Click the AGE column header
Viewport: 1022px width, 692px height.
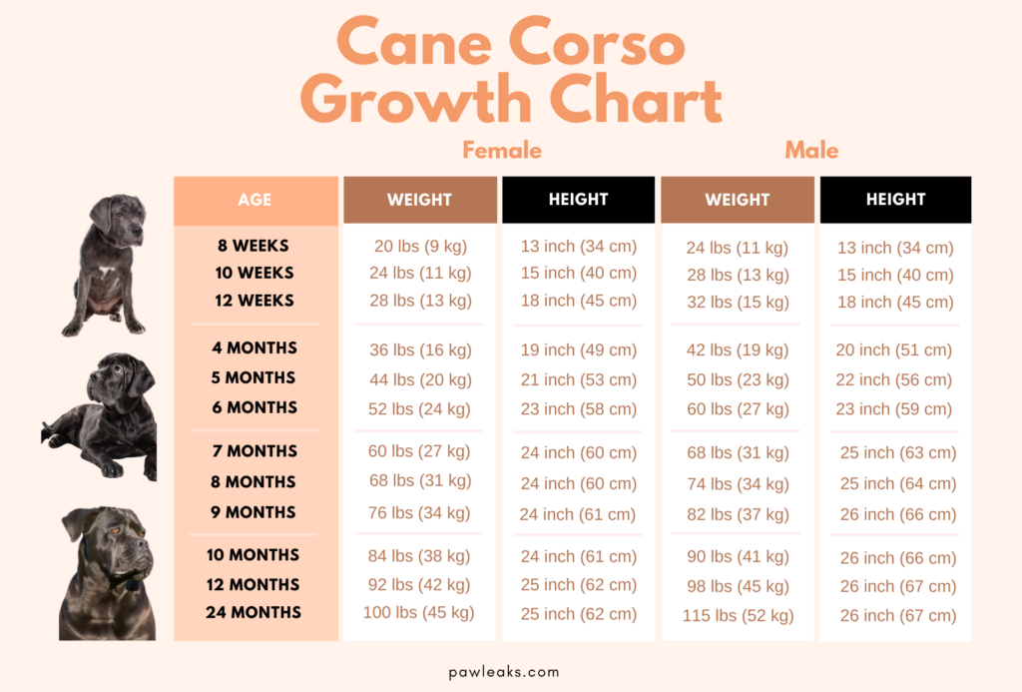pyautogui.click(x=255, y=200)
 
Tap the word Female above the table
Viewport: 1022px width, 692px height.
pyautogui.click(x=501, y=150)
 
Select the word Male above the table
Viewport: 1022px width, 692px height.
pyautogui.click(x=810, y=150)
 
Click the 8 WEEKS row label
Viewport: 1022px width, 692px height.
pyautogui.click(x=254, y=245)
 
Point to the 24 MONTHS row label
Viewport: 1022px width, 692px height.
pyautogui.click(x=254, y=612)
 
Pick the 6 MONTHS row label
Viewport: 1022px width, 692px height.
pyautogui.click(x=254, y=407)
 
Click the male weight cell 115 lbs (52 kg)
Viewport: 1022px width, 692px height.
pyautogui.click(x=738, y=616)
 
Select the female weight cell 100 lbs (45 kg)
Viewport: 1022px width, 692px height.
pyautogui.click(x=418, y=612)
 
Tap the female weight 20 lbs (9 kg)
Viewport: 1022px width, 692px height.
pyautogui.click(x=420, y=246)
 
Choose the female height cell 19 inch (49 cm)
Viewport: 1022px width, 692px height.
pyautogui.click(x=578, y=349)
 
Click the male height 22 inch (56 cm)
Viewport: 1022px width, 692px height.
pyautogui.click(x=895, y=379)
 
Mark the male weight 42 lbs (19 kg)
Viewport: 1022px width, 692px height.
pyautogui.click(x=738, y=349)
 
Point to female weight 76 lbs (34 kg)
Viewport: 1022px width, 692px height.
pyautogui.click(x=419, y=512)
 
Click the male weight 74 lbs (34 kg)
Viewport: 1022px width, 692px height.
pyautogui.click(x=738, y=484)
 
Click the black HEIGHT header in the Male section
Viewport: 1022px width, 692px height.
pyautogui.click(x=895, y=200)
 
